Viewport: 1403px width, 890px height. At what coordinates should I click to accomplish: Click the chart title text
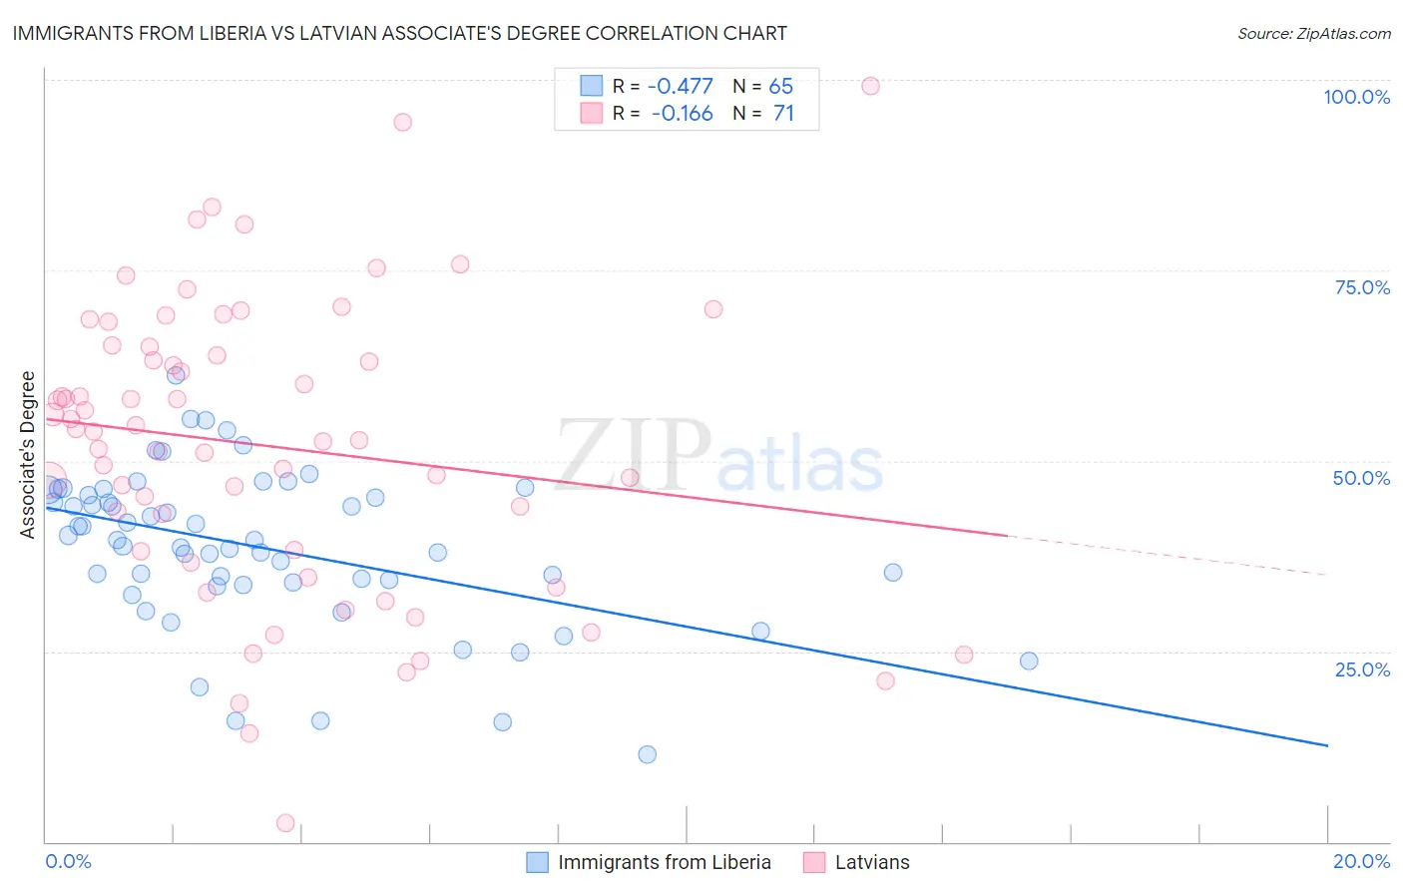pos(399,33)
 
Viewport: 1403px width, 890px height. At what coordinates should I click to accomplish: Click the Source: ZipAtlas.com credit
pos(1313,33)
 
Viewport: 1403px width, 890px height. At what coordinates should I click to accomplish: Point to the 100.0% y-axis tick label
pos(1356,97)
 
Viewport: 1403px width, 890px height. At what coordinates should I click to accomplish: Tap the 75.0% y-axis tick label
pos(1362,287)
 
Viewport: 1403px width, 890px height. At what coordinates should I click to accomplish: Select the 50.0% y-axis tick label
pos(1361,478)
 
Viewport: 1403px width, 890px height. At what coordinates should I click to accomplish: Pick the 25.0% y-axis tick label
pos(1362,668)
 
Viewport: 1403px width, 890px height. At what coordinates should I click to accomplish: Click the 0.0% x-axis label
pos(68,861)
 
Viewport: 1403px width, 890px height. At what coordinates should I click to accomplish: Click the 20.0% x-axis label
pos(1361,861)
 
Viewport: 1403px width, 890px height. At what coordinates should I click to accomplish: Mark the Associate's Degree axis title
pos(28,455)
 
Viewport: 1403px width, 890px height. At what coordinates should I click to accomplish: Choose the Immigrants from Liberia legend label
pos(664,862)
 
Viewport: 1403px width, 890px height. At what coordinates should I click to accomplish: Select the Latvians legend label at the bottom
pos(872,862)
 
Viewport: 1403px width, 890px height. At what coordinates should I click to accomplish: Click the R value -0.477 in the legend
pos(681,86)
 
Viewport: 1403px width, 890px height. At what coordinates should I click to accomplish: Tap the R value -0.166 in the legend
pos(682,114)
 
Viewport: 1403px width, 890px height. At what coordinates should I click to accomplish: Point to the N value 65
pos(780,86)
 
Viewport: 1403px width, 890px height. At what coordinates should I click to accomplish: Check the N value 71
pos(783,114)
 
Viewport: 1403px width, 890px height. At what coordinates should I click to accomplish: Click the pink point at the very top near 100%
pos(870,86)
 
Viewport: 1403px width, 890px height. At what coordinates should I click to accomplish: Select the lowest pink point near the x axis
pos(285,823)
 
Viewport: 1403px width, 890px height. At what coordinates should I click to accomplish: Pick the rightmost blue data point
pos(1029,661)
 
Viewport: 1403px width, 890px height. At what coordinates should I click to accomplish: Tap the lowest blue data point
pos(647,754)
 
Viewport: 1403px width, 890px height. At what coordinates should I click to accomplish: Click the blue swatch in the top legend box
pos(592,86)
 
